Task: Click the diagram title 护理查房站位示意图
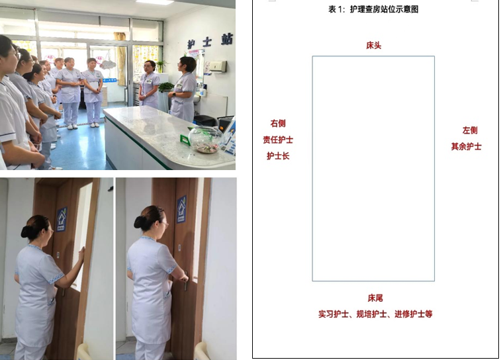pos(384,9)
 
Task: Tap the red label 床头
pos(373,46)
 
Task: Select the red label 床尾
pos(375,298)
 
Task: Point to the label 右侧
pos(278,123)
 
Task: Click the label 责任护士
pos(278,140)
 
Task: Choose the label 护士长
pos(278,156)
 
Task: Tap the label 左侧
pos(470,130)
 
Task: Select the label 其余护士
pos(466,147)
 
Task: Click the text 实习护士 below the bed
pos(334,314)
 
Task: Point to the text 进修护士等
pos(414,314)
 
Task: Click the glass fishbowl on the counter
pos(205,139)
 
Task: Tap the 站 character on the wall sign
pos(227,40)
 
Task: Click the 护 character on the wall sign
pos(191,44)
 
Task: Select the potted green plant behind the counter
pos(166,87)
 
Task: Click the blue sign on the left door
pos(62,219)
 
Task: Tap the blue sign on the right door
pos(181,209)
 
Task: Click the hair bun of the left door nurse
pos(27,232)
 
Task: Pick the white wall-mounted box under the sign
pos(218,67)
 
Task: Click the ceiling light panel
pos(155,2)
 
